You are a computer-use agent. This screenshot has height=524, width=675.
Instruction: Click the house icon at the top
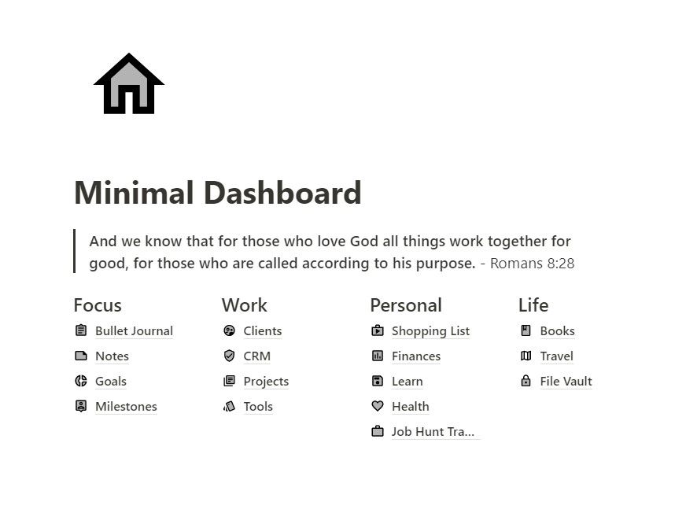[x=129, y=85]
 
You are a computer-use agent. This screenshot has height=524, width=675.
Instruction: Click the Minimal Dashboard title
[x=217, y=193]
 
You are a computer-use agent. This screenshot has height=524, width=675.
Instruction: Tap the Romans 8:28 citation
[x=532, y=264]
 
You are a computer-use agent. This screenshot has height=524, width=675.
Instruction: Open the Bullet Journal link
[x=134, y=331]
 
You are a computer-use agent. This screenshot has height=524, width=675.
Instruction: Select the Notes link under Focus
[x=112, y=356]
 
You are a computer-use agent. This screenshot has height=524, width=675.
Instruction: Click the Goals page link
[x=110, y=382]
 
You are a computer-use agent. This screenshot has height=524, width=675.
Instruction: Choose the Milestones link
[x=126, y=407]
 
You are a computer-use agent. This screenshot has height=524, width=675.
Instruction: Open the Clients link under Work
[x=262, y=331]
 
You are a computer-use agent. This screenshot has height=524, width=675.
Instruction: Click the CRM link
[x=256, y=356]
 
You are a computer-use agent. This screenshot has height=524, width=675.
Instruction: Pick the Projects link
[x=266, y=382]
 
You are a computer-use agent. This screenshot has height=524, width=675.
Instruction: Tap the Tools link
[x=258, y=407]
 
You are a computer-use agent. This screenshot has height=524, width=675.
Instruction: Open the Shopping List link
[x=430, y=331]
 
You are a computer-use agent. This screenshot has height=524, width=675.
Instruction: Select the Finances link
[x=416, y=356]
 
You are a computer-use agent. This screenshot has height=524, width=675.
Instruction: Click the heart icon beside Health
[x=378, y=407]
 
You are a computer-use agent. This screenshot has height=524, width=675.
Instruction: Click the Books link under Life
[x=557, y=331]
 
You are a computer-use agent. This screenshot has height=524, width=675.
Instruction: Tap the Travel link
[x=556, y=356]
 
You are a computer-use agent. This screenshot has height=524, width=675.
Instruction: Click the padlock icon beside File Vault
[x=526, y=382]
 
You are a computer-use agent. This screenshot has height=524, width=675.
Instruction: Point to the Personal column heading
[x=406, y=305]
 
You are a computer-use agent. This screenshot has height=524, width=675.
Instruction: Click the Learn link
[x=407, y=382]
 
